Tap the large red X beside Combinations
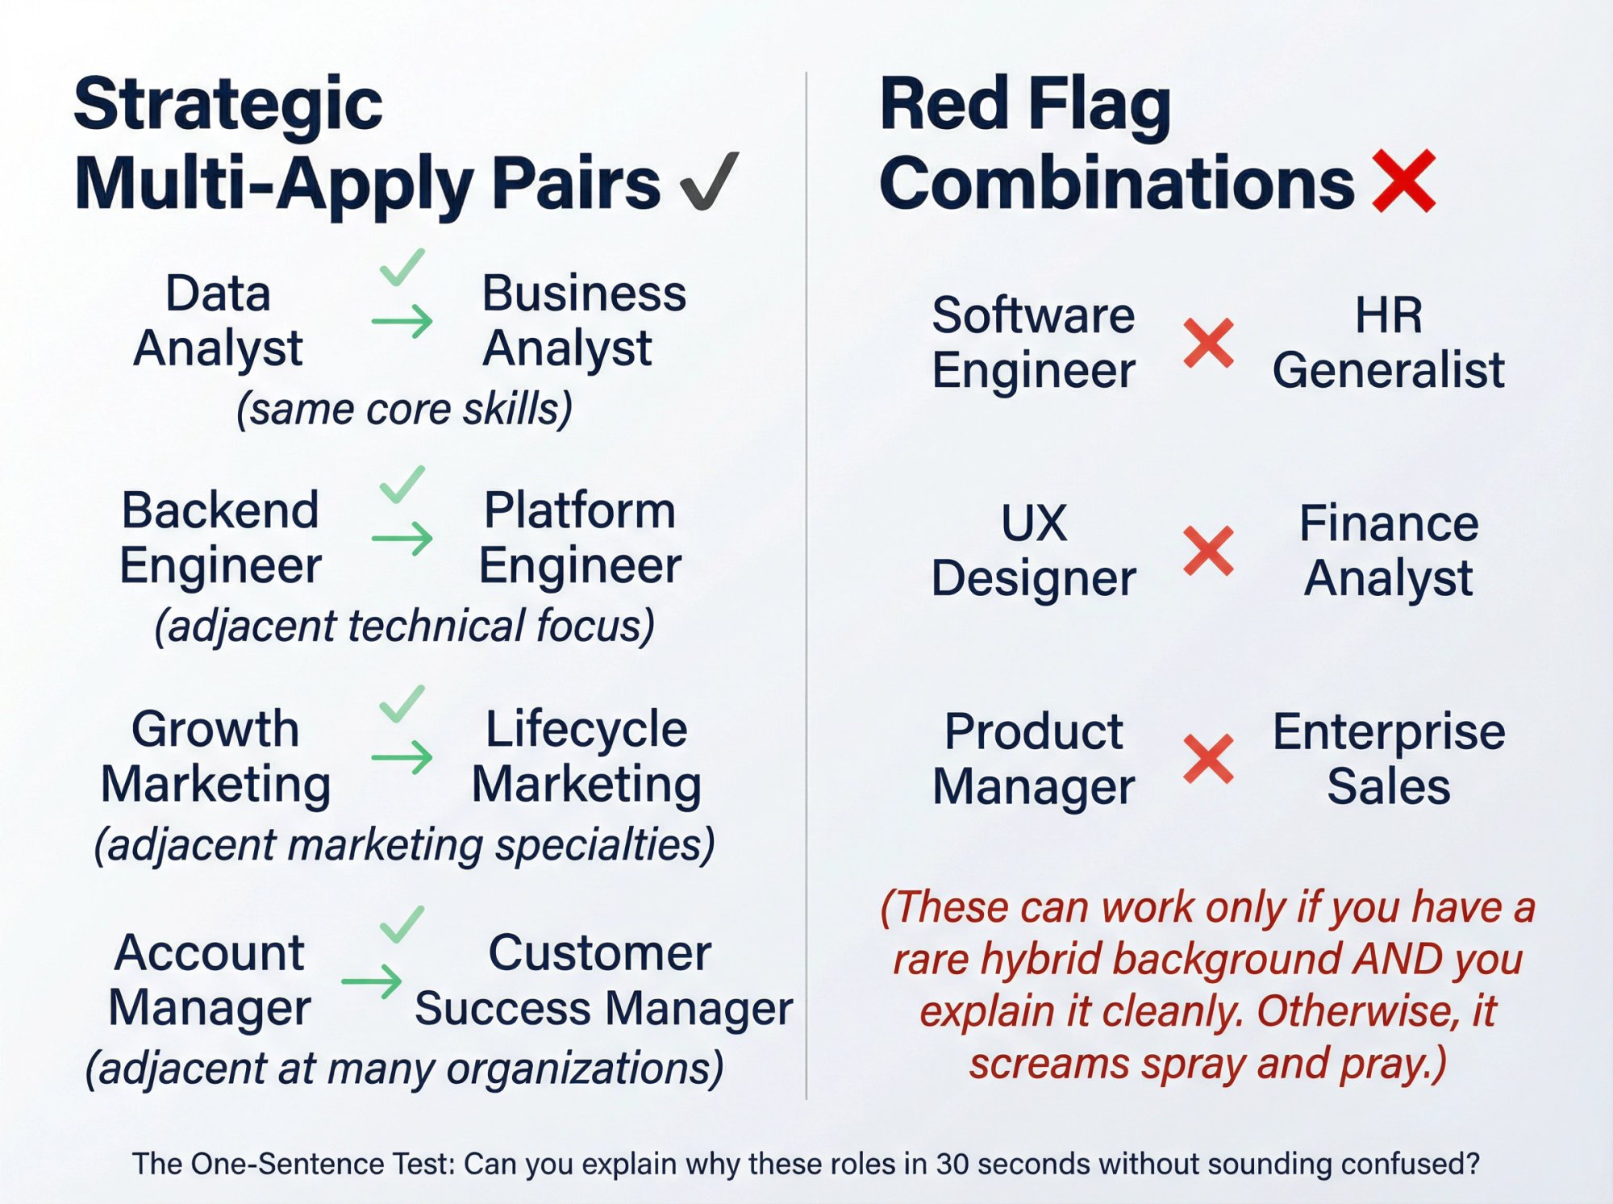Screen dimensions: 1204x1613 click(x=1404, y=181)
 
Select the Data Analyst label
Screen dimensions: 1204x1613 click(x=218, y=320)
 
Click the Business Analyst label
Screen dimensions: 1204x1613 click(x=582, y=320)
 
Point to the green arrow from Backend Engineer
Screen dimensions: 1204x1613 click(x=402, y=538)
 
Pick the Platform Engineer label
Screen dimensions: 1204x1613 click(x=579, y=537)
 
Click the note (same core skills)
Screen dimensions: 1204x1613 click(x=404, y=409)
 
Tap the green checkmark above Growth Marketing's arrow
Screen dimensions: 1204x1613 click(x=402, y=703)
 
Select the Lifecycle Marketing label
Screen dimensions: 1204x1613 click(x=586, y=756)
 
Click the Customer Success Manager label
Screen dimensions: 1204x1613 click(x=603, y=980)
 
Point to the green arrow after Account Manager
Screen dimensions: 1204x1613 click(x=372, y=981)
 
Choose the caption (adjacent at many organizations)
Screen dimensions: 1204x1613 click(x=404, y=1069)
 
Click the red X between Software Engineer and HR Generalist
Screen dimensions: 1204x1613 click(x=1208, y=343)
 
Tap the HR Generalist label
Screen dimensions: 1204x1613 click(x=1388, y=342)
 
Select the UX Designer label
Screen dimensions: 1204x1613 click(x=1033, y=551)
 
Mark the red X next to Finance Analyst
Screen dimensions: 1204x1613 click(x=1208, y=551)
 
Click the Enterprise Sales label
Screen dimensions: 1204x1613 click(x=1388, y=759)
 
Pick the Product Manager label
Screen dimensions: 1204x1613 click(x=1033, y=759)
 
